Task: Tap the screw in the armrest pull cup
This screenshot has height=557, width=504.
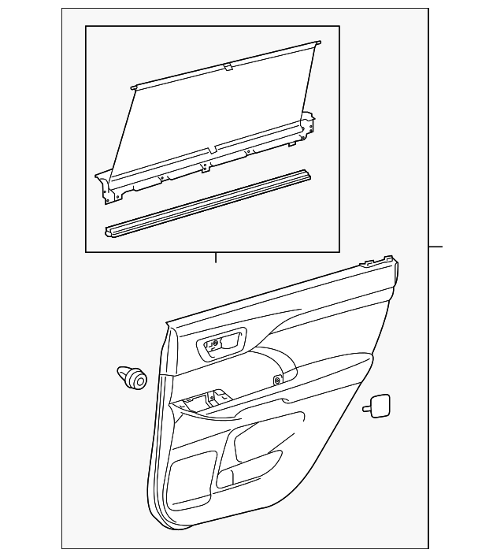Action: point(279,381)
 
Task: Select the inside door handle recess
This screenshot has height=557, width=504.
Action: point(222,344)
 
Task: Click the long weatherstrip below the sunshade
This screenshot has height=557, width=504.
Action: point(213,200)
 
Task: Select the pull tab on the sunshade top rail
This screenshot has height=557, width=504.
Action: point(228,68)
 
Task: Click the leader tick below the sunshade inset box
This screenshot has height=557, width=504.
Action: point(214,257)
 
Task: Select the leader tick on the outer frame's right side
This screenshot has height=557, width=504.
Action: point(435,247)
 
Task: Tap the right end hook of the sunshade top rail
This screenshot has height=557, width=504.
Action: point(317,44)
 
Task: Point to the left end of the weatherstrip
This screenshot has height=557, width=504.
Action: point(109,231)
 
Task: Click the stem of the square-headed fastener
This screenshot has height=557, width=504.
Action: point(367,408)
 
